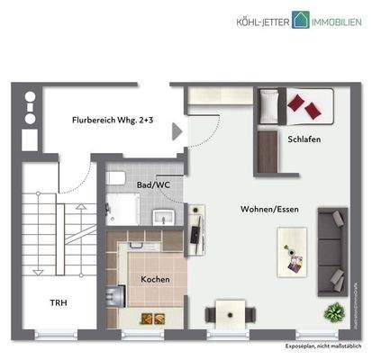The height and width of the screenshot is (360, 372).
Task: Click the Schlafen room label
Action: [304, 140]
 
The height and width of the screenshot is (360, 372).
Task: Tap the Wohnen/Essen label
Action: [269, 209]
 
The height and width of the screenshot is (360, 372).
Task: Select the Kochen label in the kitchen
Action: [155, 279]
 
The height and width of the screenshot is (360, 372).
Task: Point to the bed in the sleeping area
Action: [296, 105]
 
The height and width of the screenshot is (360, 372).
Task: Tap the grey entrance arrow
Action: [177, 131]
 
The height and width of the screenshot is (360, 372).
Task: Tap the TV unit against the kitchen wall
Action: [195, 226]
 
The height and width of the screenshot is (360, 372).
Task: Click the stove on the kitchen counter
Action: [114, 296]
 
